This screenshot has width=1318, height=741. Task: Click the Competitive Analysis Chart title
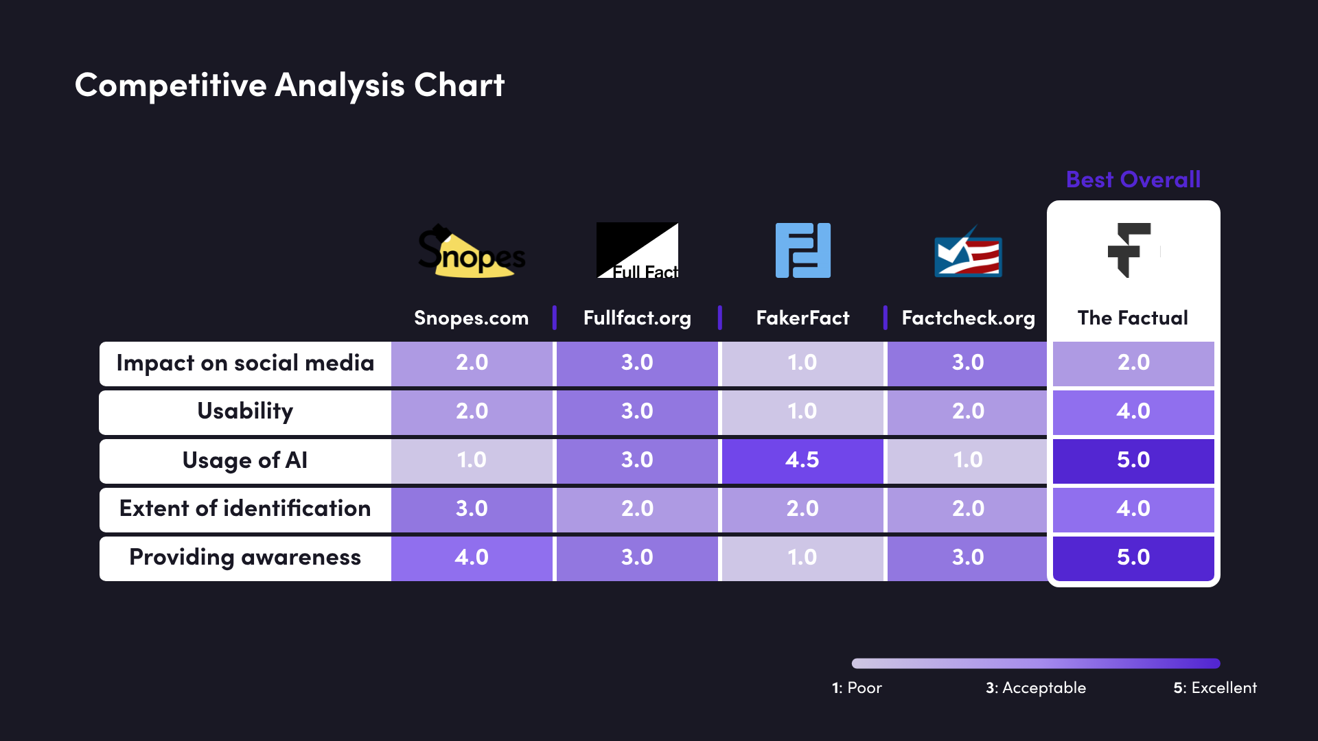click(x=289, y=85)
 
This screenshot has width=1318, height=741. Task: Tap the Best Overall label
click(x=1133, y=180)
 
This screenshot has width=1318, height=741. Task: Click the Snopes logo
click(x=472, y=252)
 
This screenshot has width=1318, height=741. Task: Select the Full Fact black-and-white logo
click(x=637, y=250)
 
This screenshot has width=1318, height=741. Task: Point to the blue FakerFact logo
click(x=802, y=250)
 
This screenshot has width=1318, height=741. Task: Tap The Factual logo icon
click(x=1129, y=250)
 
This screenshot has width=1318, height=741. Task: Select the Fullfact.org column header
click(x=637, y=318)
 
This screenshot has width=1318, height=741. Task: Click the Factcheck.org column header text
click(x=968, y=318)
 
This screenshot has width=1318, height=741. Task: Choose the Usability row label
click(x=245, y=411)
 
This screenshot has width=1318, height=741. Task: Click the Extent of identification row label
click(x=245, y=508)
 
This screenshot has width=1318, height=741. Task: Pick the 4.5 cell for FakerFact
click(x=802, y=460)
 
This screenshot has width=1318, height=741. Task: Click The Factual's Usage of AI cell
click(x=1133, y=460)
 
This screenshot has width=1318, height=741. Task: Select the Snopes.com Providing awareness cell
click(x=472, y=557)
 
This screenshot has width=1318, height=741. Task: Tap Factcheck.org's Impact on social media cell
click(x=968, y=362)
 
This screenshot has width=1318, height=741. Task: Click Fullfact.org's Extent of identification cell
click(x=637, y=508)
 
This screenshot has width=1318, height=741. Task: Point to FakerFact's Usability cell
click(x=802, y=411)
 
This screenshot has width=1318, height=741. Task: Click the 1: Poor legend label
click(x=857, y=687)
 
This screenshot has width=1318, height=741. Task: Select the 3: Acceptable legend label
click(x=1036, y=687)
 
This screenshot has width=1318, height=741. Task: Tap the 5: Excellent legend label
click(x=1215, y=687)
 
